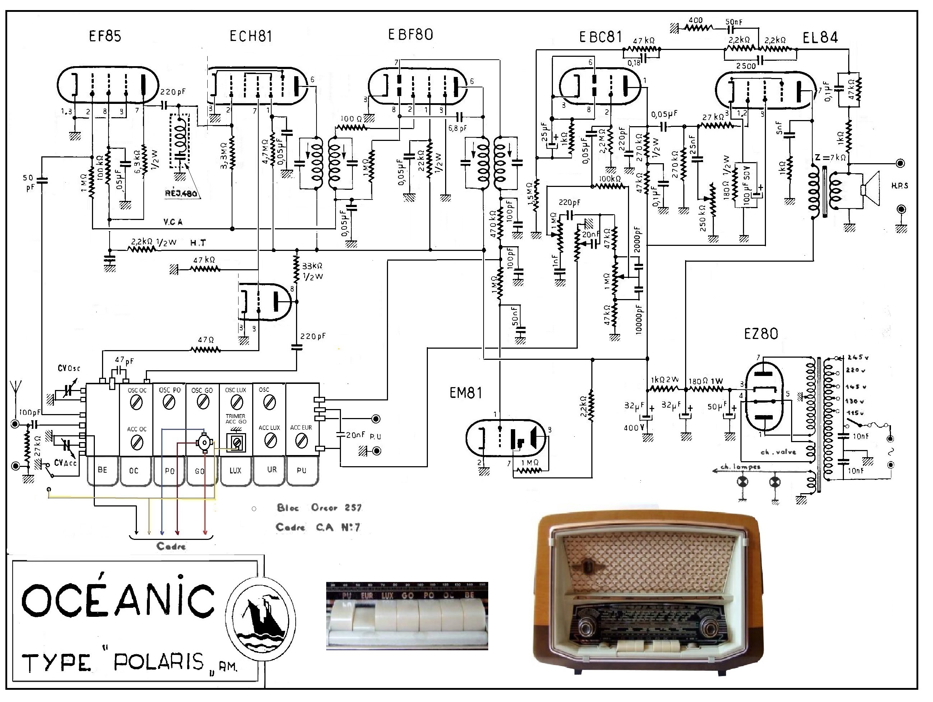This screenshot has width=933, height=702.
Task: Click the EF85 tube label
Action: [x=105, y=36]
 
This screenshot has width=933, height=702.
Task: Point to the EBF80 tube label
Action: [x=410, y=35]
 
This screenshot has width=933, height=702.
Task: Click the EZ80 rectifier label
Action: [x=761, y=334]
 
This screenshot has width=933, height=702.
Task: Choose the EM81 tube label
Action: [x=466, y=393]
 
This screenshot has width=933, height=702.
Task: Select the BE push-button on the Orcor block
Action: [x=102, y=470]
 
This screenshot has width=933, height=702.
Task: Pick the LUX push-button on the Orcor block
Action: [x=235, y=470]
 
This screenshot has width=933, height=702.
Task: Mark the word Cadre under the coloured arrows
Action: [x=171, y=546]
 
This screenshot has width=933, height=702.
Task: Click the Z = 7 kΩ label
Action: [x=830, y=157]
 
